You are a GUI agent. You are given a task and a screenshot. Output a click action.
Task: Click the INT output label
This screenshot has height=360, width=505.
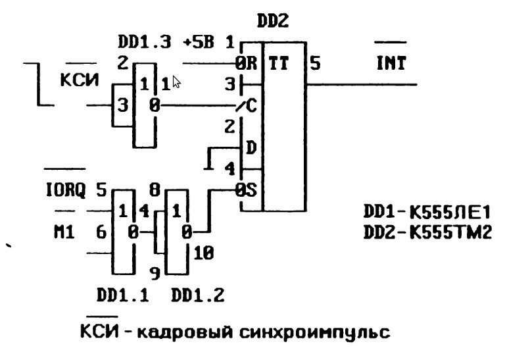pyautogui.click(x=391, y=64)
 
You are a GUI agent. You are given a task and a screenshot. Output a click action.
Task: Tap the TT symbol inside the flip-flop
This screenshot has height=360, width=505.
pyautogui.click(x=279, y=63)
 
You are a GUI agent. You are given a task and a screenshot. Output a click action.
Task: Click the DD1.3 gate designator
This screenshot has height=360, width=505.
pyautogui.click(x=145, y=43)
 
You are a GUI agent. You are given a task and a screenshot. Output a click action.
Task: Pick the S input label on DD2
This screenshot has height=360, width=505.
pyautogui.click(x=252, y=190)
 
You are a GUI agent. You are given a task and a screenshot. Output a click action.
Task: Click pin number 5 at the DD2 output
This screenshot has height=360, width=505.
pyautogui.click(x=316, y=64)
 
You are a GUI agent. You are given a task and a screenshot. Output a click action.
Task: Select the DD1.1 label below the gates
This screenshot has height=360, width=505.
pyautogui.click(x=122, y=296)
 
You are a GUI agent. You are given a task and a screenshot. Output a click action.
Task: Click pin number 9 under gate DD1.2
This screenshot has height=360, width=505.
pyautogui.click(x=155, y=272)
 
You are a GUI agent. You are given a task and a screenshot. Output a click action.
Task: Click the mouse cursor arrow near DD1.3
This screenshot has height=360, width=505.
pyautogui.click(x=176, y=82)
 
